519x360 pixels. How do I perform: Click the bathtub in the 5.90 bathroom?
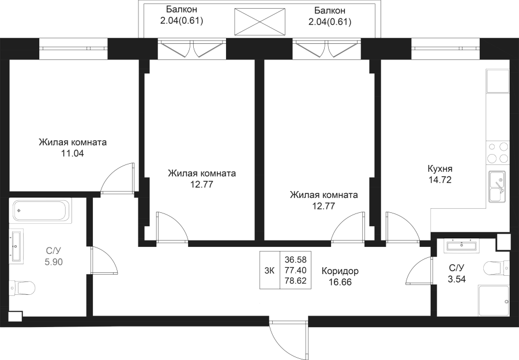pos(41,211)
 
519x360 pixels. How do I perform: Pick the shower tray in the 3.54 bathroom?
pos(494,301)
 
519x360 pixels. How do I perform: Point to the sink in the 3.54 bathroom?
pos(461,246)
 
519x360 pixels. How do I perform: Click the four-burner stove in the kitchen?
pos(498,152)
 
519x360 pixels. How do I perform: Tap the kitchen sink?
pos(497,186)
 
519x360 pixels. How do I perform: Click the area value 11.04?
pos(73,154)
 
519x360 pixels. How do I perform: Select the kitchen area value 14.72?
pos(439,180)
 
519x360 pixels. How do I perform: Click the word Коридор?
pos(340,271)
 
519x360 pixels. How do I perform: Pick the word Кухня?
pos(439,170)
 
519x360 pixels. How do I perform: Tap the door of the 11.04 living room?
pos(118,179)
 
